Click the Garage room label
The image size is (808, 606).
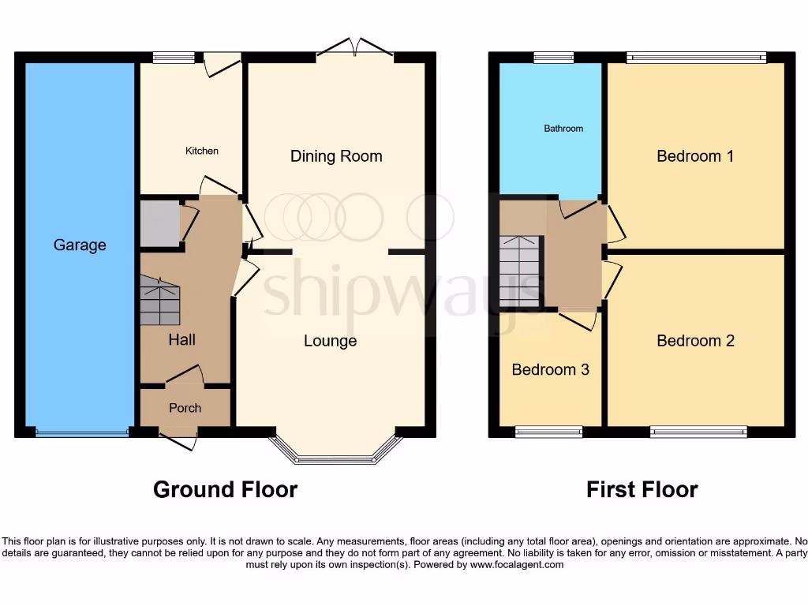[80, 245]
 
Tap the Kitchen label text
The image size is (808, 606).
[202, 151]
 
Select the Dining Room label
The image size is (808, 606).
[336, 156]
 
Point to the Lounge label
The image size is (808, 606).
[331, 341]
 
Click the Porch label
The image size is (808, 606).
[185, 408]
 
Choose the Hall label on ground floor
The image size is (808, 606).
[181, 340]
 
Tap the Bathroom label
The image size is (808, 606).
[563, 129]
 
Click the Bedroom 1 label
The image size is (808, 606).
[695, 156]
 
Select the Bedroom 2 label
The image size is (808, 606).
[695, 341]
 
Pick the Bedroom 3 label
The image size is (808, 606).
[550, 370]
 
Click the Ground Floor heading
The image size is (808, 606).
[225, 490]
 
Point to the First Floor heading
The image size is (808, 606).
[642, 490]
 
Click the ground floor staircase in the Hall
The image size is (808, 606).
[160, 301]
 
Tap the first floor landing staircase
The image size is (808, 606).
[520, 271]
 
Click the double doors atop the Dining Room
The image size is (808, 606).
[355, 50]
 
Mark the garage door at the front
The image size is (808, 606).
[82, 432]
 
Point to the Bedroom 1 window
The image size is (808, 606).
[696, 57]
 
